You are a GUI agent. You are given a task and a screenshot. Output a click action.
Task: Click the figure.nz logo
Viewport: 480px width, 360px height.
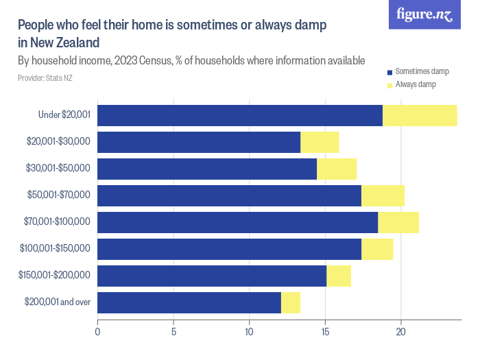coord(424,14)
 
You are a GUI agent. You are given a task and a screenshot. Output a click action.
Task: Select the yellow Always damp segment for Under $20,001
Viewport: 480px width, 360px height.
coord(420,116)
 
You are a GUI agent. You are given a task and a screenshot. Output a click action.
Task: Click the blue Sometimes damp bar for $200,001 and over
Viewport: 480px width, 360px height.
coord(189,302)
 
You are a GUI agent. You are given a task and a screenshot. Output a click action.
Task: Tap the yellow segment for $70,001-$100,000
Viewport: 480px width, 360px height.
coord(398,222)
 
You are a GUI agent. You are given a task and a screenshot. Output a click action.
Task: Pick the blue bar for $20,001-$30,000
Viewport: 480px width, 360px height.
coord(199,142)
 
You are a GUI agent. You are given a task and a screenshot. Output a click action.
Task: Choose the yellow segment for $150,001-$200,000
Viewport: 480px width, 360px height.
coord(339,276)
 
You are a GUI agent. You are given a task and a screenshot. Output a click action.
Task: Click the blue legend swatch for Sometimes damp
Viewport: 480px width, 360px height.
coord(389,72)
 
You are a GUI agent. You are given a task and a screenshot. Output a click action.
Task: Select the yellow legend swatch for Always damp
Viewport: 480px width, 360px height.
coord(389,84)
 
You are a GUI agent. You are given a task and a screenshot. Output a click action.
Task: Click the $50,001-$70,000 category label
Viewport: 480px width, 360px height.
coord(58,195)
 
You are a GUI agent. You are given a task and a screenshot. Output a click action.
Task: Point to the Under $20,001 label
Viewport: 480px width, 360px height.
coord(64,115)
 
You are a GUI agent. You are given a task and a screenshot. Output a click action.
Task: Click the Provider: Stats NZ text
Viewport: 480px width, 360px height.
coord(45,78)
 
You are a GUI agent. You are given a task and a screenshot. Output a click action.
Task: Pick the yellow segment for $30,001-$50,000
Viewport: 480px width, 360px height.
coord(337,169)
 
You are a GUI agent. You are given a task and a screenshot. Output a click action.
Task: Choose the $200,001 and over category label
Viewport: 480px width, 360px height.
coord(58,302)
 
